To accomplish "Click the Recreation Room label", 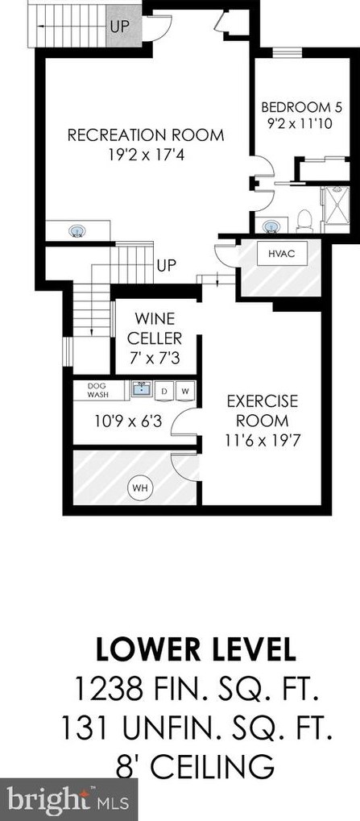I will coord(145,135).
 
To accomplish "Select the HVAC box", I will coord(275,254).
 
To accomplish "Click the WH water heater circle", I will coord(140,487).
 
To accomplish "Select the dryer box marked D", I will coord(165,391).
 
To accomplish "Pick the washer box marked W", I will coord(184,391).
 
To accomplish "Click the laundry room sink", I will coord(142,390).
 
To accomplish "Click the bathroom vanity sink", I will coord(273,224).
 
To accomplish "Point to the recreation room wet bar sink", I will coord(78,231).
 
